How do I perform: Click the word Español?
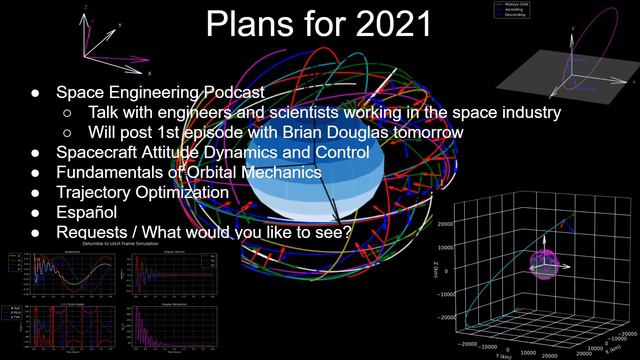click(85, 212)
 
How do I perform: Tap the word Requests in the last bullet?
click(97, 232)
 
